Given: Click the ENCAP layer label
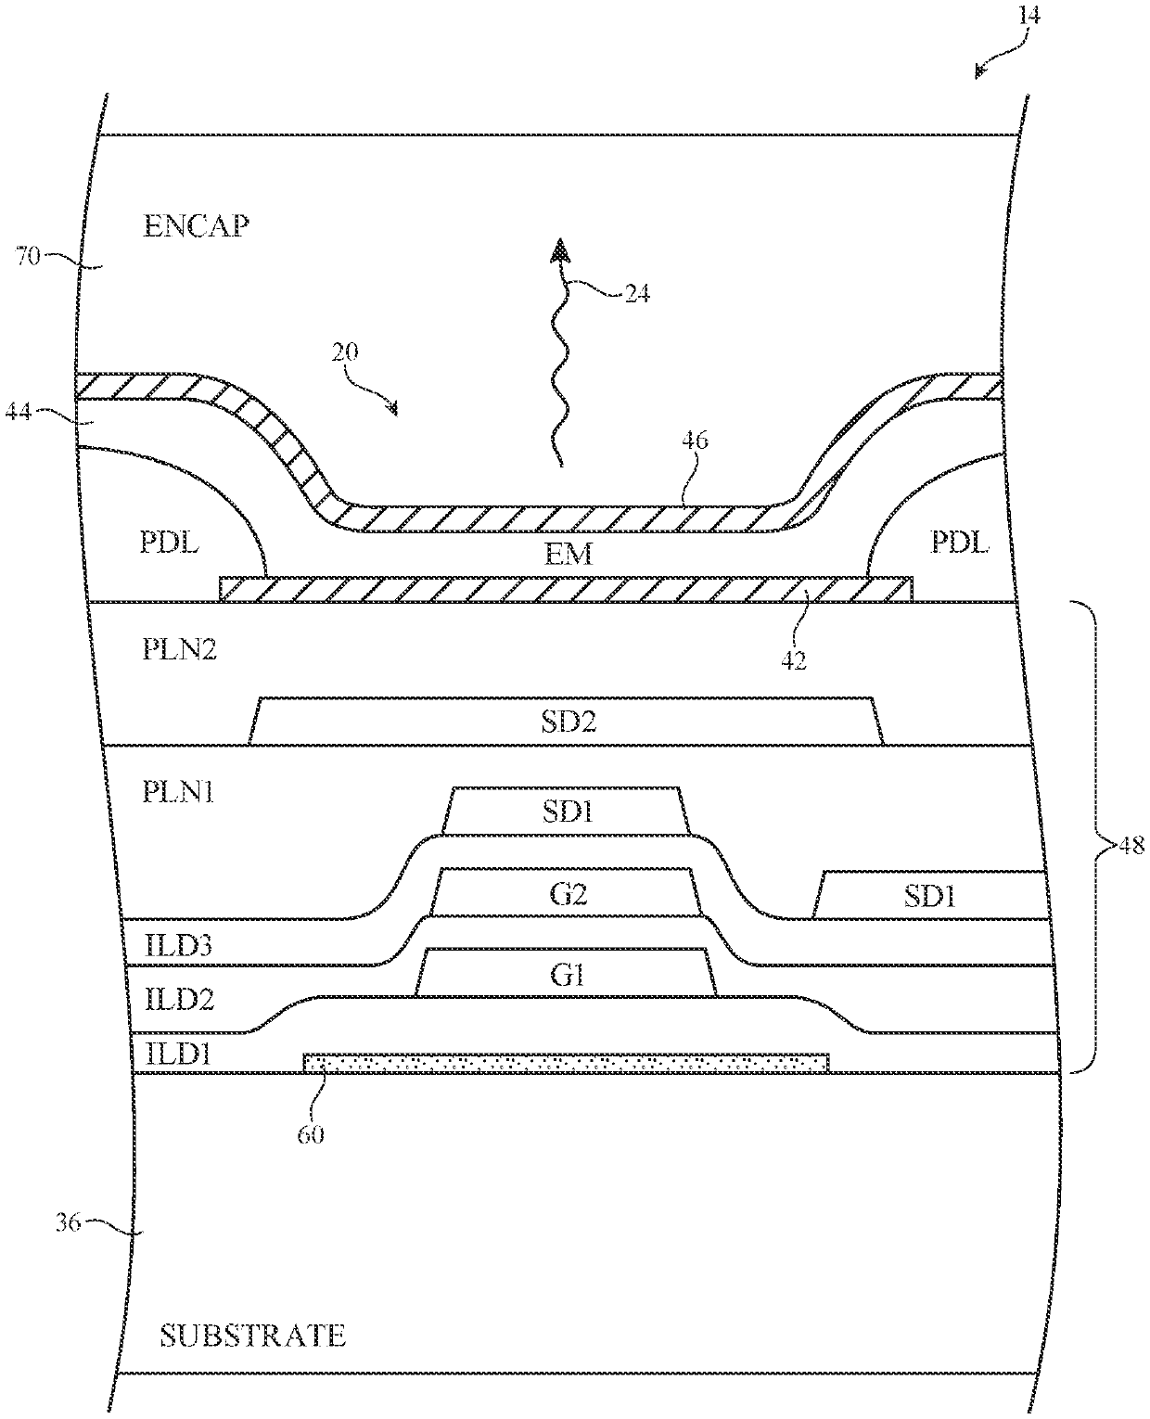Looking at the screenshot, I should (196, 226).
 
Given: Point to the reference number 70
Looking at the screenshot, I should (29, 256).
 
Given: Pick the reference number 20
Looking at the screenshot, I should (344, 353).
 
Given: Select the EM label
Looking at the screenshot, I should (569, 555).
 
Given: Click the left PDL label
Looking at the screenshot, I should (170, 543).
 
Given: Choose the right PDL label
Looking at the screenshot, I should (960, 543).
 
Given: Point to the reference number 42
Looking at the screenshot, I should (794, 660).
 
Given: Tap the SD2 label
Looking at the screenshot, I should (569, 721).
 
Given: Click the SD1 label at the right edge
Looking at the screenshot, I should (928, 896).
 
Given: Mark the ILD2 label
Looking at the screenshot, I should (180, 1000).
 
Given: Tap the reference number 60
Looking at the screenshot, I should (311, 1133).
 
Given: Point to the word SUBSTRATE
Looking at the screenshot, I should (252, 1336).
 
